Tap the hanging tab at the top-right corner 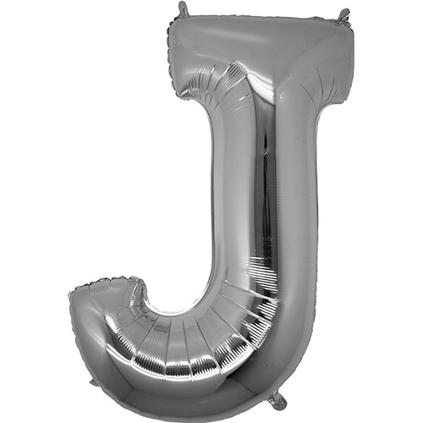tap(344, 15)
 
